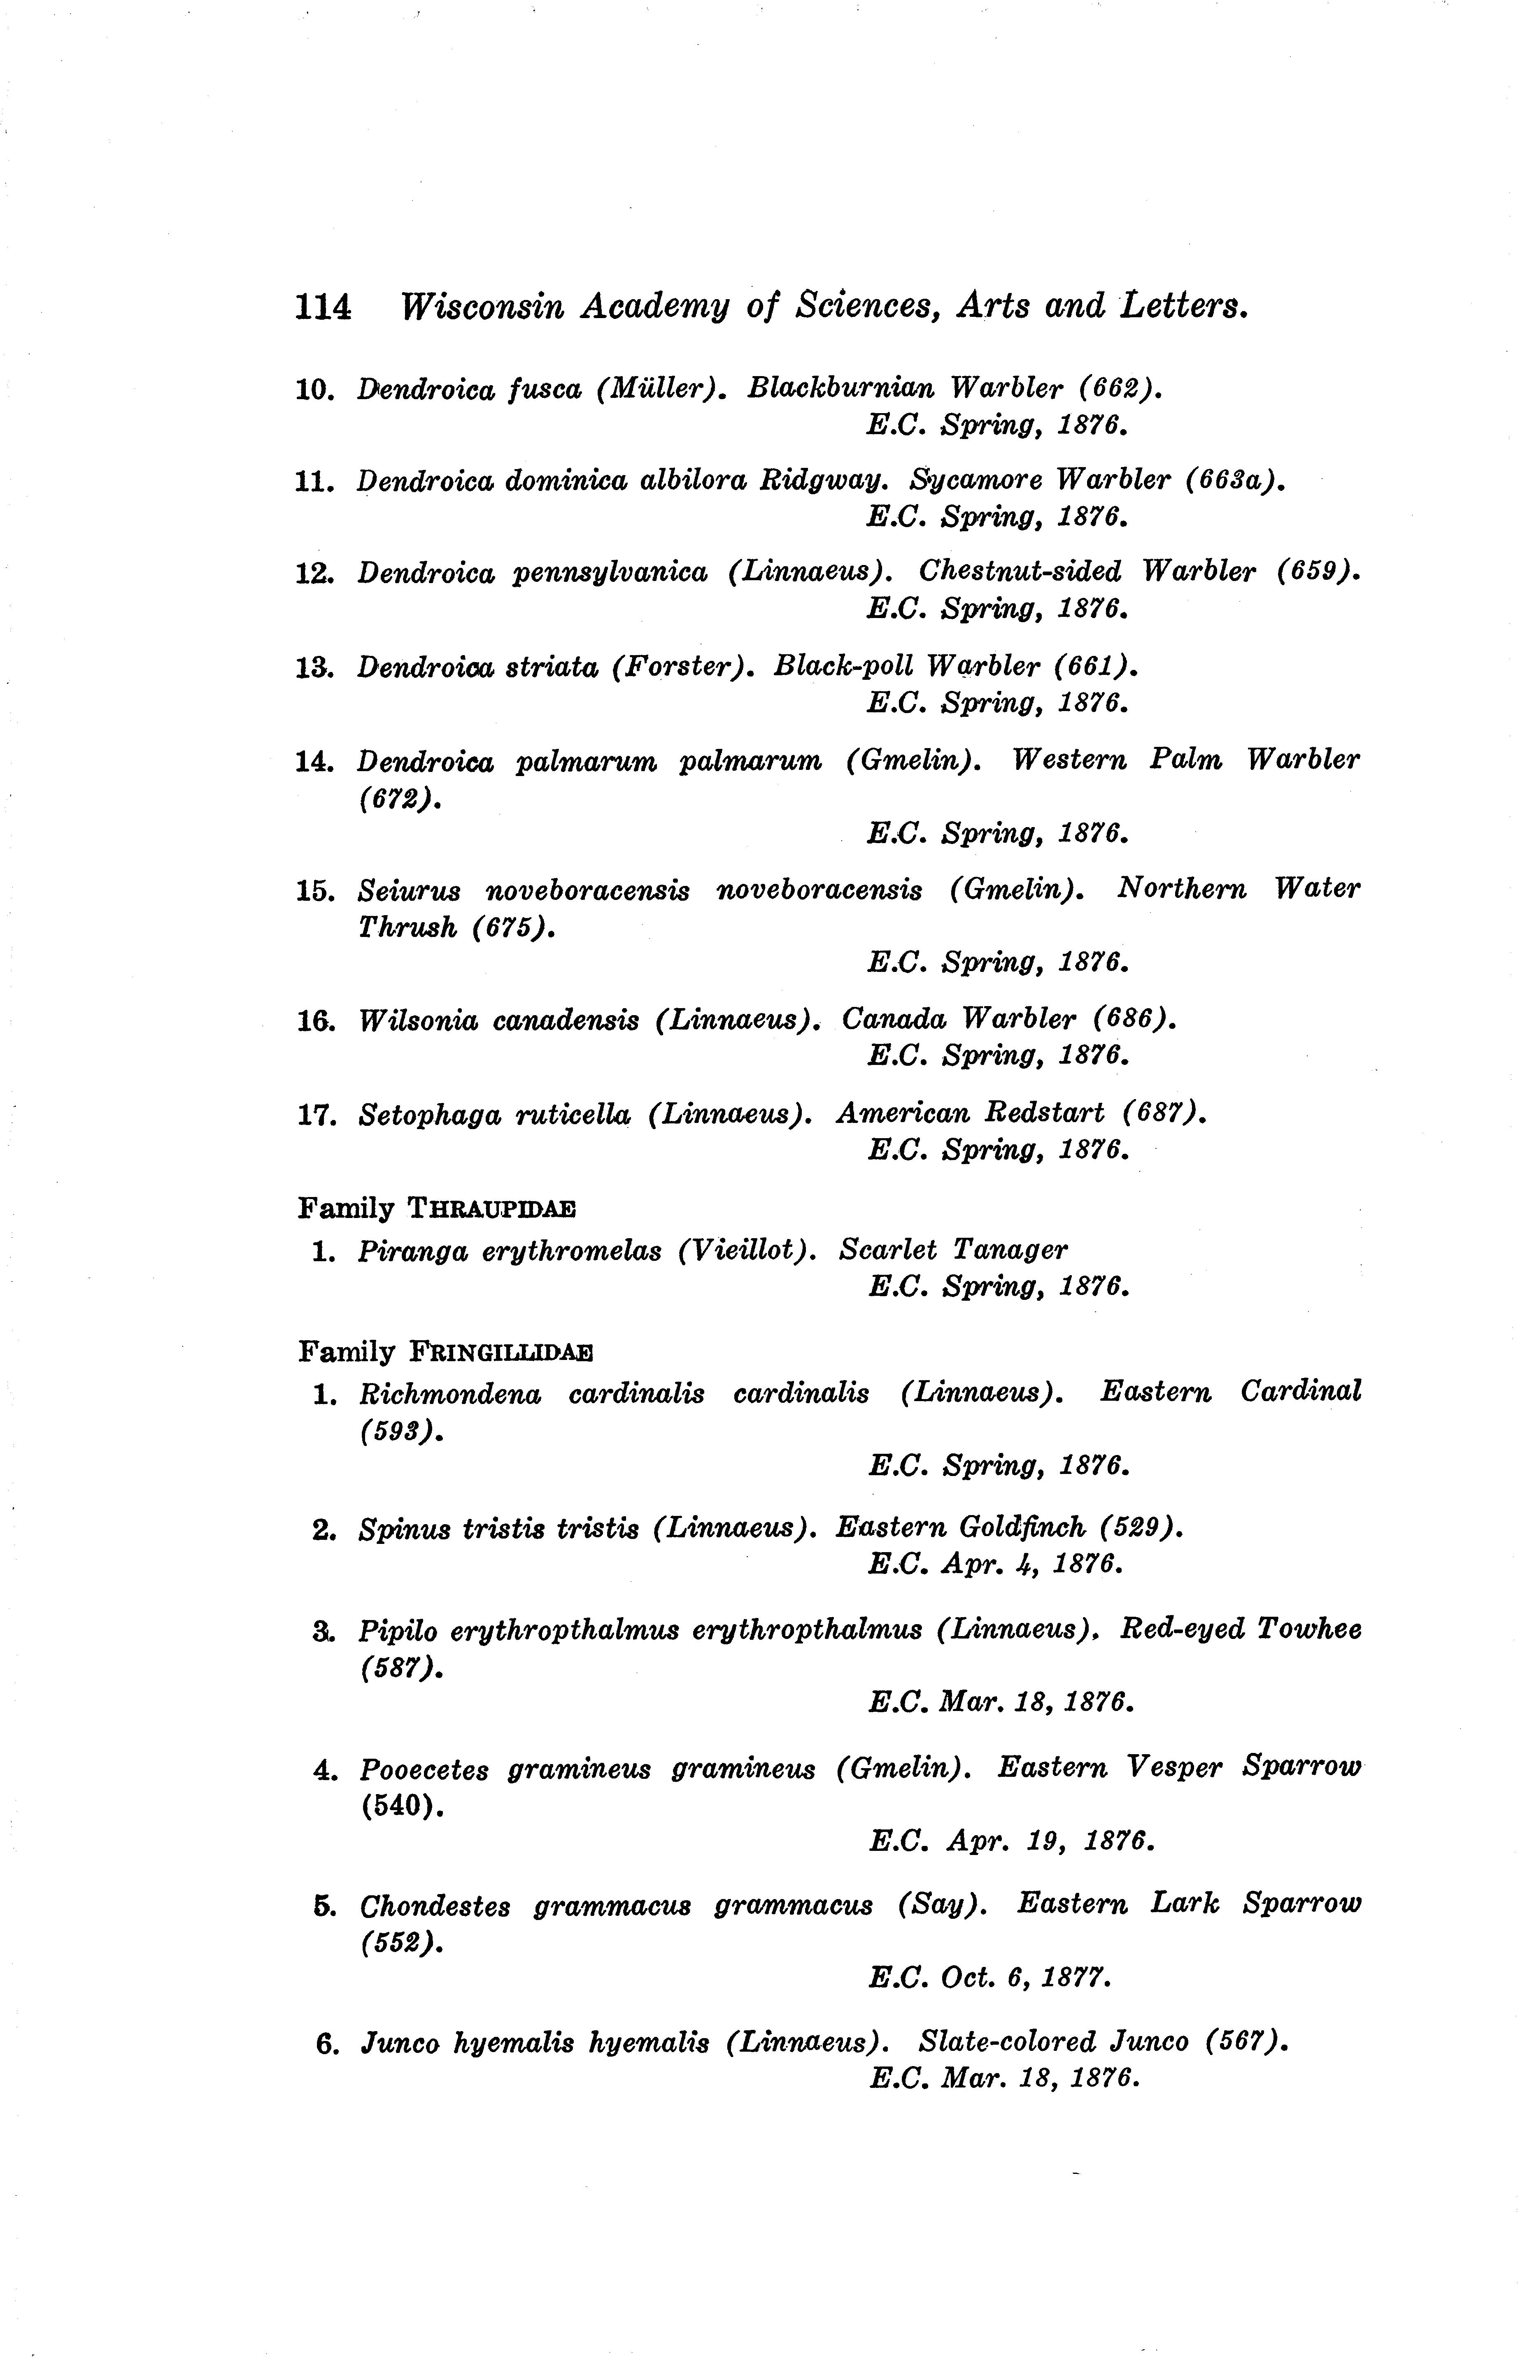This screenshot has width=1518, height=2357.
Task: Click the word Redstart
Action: pyautogui.click(x=1045, y=1113)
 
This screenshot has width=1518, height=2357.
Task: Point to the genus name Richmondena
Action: pyautogui.click(x=449, y=1393)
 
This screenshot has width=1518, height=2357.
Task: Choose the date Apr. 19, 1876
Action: pyautogui.click(x=1050, y=1841)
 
